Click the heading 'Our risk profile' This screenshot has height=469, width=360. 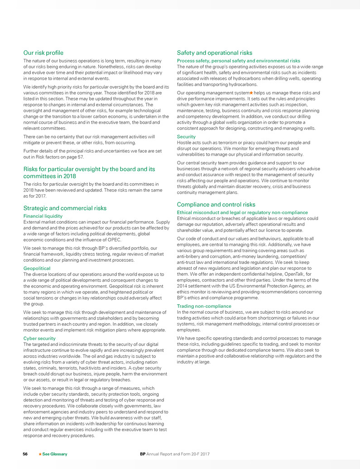43,53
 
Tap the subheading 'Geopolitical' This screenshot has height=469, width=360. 37,268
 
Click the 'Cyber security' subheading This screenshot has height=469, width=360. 39,338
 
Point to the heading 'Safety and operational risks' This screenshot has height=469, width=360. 215,53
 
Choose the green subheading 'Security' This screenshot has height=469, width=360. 186,136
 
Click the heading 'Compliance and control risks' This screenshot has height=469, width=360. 216,205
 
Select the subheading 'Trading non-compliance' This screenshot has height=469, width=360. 204,306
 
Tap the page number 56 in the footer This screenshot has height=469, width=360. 26,454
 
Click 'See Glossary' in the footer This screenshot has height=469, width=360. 54,454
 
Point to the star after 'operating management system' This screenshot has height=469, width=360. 245,93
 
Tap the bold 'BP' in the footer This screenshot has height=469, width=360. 143,454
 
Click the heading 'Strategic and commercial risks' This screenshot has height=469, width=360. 65,208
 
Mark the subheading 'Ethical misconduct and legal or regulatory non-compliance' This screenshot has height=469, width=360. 242,213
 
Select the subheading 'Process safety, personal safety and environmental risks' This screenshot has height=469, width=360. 238,61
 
